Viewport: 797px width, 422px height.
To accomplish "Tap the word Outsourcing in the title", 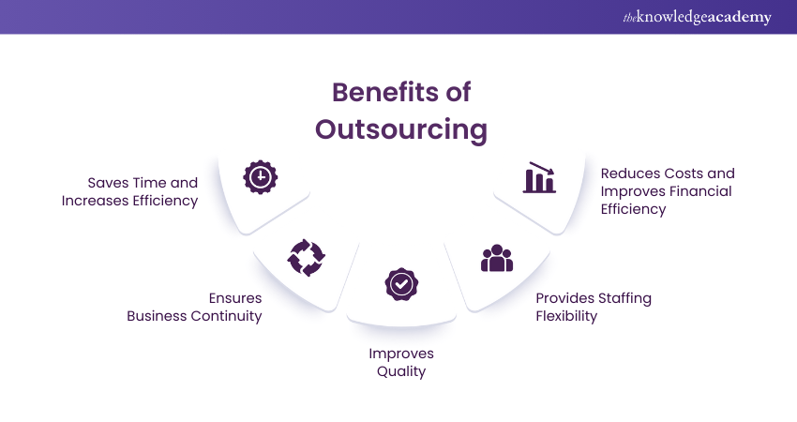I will [401, 128].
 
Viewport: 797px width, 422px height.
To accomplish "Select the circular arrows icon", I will [306, 256].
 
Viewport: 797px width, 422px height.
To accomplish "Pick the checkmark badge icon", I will [401, 282].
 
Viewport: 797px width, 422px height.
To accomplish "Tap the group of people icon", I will [497, 258].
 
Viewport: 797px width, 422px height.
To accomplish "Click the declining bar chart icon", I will [540, 177].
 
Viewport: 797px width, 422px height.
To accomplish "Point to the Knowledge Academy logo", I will [696, 17].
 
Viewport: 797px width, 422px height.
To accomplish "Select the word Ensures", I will [235, 298].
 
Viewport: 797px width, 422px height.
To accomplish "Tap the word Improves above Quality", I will [401, 354].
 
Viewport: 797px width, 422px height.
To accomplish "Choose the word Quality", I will [401, 371].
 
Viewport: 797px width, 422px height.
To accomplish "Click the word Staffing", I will [618, 298].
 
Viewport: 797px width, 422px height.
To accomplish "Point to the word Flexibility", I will [566, 316].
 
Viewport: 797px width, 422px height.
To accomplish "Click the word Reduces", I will [632, 173].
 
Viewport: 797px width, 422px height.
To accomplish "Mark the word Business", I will [158, 316].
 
